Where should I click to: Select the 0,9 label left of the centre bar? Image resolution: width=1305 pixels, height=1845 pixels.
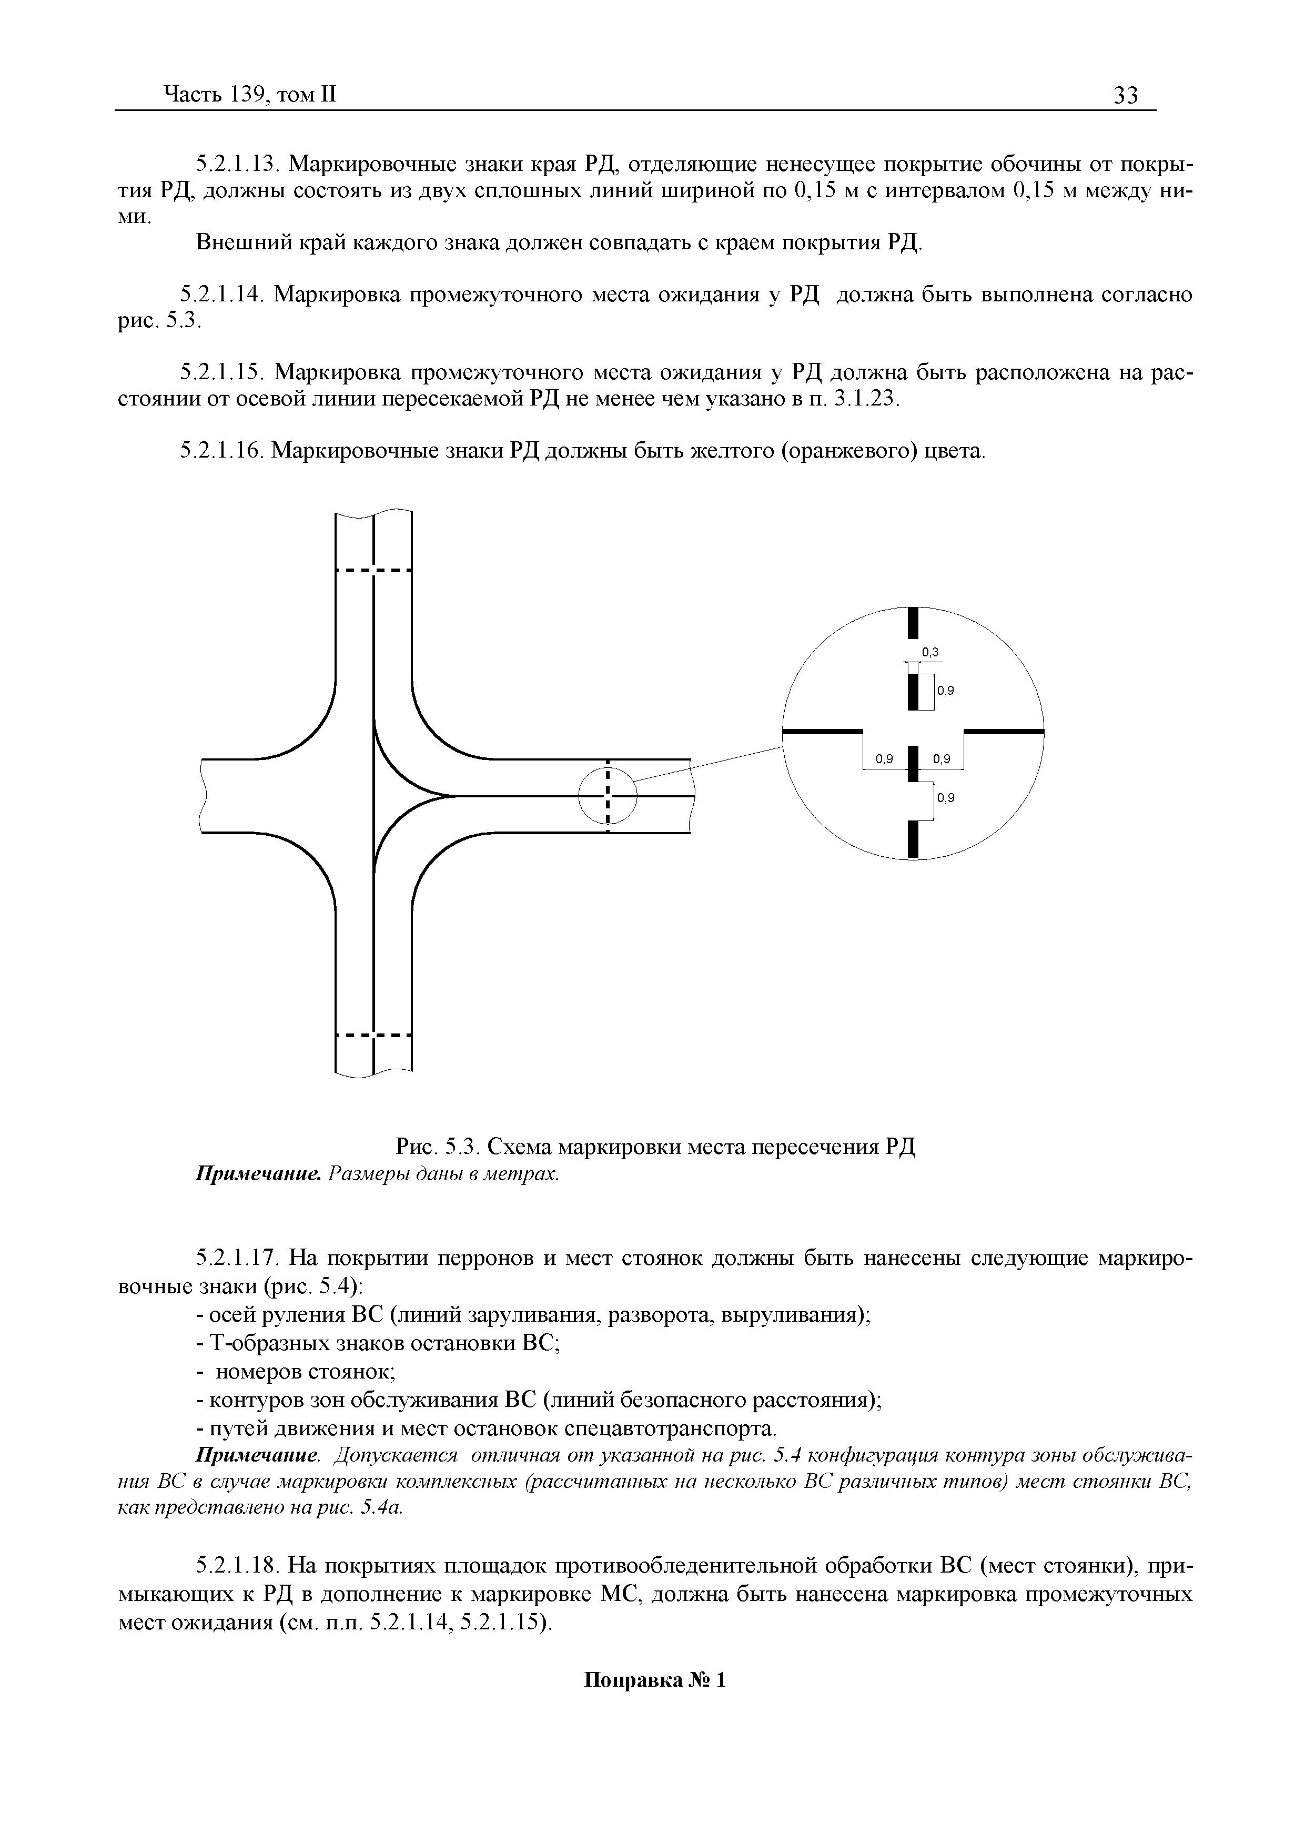[x=885, y=758]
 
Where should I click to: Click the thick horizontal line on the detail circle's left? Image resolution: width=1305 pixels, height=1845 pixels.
[x=821, y=731]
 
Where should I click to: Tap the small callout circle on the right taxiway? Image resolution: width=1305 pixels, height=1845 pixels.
[x=608, y=796]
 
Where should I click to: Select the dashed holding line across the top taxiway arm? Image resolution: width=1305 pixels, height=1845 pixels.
[x=373, y=571]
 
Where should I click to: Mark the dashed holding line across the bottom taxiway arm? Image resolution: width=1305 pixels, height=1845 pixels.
[x=373, y=1035]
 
